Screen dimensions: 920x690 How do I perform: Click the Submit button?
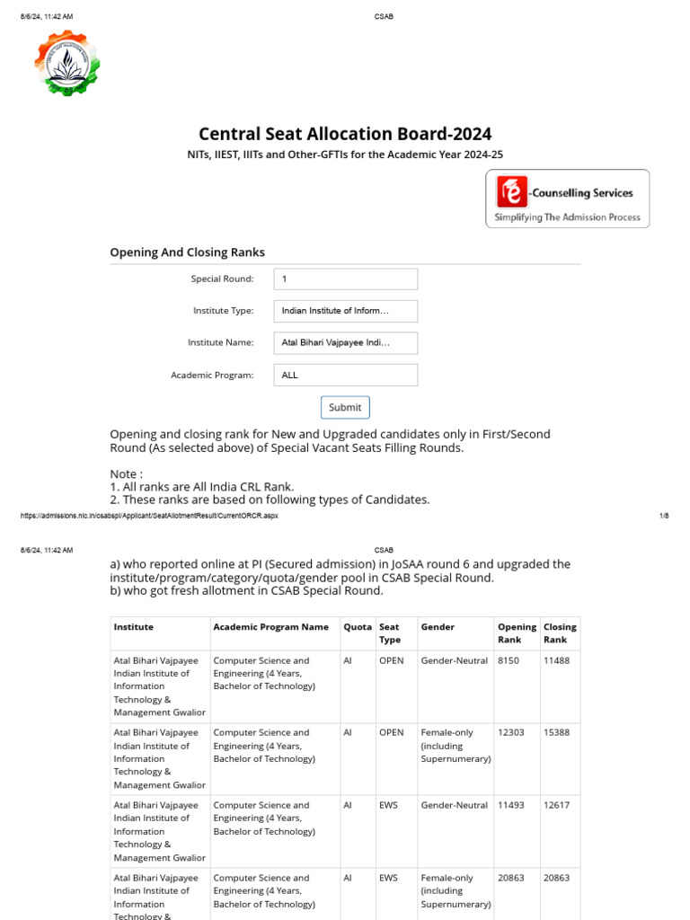[x=345, y=407]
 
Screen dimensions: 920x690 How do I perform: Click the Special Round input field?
[x=346, y=279]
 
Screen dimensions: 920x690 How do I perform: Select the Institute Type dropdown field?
[x=346, y=311]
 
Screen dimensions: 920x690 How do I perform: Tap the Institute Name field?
[x=346, y=342]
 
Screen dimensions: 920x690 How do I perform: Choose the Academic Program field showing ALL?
[x=346, y=375]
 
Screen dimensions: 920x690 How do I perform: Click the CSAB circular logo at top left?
[x=66, y=63]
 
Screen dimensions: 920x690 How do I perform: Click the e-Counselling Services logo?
[x=567, y=200]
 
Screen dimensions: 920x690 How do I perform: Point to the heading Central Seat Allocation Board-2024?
[x=345, y=134]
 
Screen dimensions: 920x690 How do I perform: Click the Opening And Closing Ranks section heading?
[x=187, y=252]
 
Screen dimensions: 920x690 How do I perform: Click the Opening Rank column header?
[x=517, y=633]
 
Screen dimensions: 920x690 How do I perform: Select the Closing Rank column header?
[x=560, y=633]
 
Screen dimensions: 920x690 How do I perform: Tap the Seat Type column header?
[x=390, y=633]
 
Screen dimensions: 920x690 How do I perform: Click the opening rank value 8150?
[x=508, y=660]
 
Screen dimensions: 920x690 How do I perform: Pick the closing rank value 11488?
[x=556, y=660]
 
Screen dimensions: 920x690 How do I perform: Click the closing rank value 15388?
[x=556, y=732]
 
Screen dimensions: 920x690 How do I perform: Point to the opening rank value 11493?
[x=511, y=805]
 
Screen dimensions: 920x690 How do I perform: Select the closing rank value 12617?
[x=556, y=805]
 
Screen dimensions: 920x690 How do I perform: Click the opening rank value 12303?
[x=511, y=732]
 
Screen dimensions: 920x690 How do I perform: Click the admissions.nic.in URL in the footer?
[x=148, y=516]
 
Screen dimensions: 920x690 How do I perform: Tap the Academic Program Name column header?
[x=270, y=627]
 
